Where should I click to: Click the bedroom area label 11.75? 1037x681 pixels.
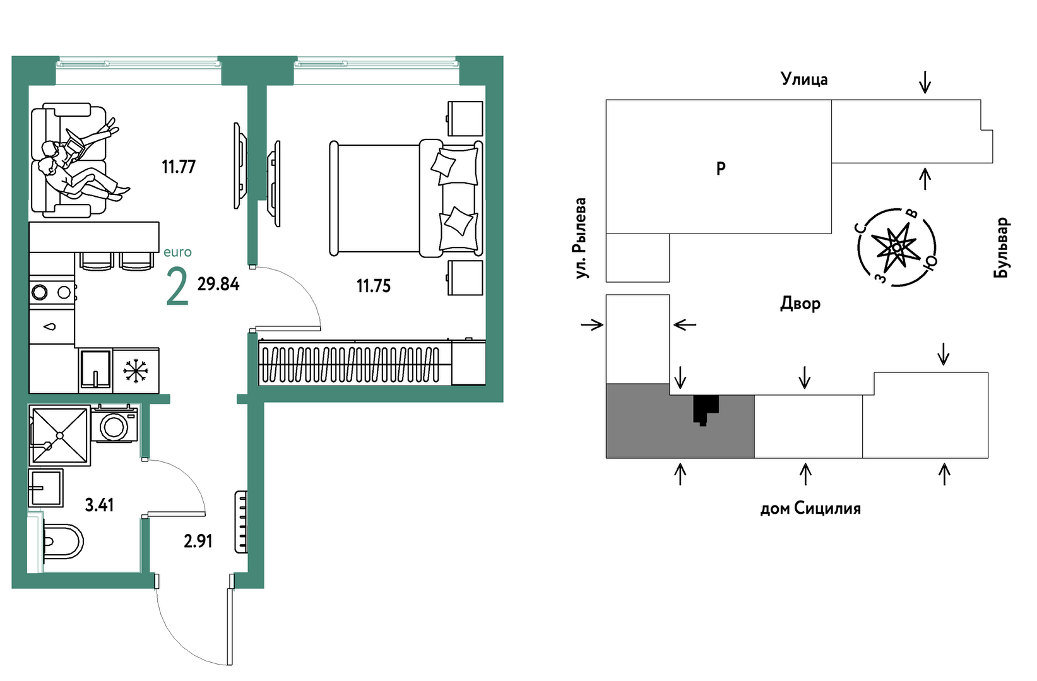click(373, 286)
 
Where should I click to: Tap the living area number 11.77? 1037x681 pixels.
click(179, 167)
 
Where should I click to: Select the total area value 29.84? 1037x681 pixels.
click(218, 284)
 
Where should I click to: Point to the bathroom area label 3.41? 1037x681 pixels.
click(99, 505)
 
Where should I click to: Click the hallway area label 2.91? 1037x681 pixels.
click(198, 541)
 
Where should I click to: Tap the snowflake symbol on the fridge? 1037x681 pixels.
click(136, 371)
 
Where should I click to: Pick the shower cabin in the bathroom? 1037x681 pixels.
click(60, 435)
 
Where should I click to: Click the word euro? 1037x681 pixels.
click(177, 252)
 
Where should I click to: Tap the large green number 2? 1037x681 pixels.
click(177, 287)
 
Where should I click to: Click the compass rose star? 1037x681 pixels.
click(896, 247)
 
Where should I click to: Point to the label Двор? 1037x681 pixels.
click(800, 304)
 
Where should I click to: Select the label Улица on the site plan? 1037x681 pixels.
click(804, 79)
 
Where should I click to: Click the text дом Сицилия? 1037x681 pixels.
click(810, 508)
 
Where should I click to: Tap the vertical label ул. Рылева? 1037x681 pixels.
click(581, 239)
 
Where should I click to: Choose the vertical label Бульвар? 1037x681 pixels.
click(1001, 247)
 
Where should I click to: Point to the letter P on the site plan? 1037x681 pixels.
click(721, 168)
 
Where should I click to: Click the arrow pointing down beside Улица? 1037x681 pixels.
click(925, 83)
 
